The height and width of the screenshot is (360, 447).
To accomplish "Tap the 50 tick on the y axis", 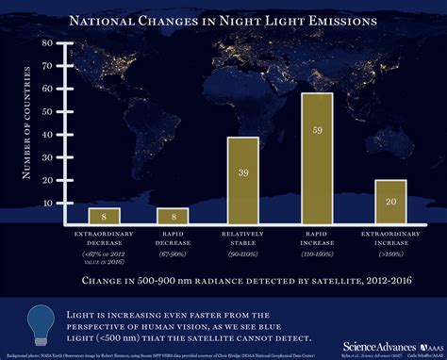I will pos(47,104).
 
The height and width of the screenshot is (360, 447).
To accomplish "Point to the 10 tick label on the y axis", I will pos(47,203).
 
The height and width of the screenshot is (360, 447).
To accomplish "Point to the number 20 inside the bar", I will pos(389,200).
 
